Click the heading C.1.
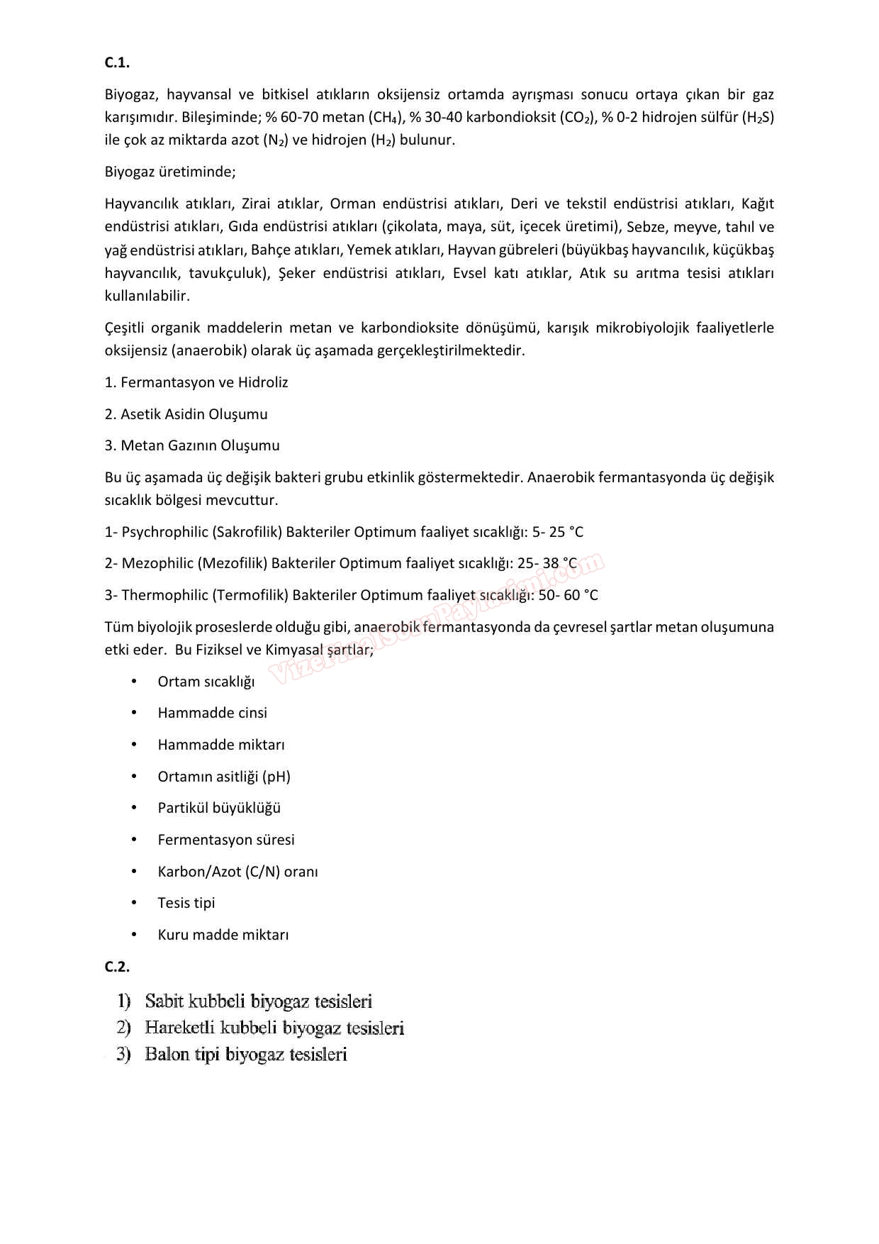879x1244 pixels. [x=117, y=62]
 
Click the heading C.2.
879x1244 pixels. [x=117, y=966]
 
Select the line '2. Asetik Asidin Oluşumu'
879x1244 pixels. [x=186, y=414]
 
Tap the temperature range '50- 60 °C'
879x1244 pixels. [x=568, y=595]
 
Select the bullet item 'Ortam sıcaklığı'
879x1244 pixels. [x=206, y=682]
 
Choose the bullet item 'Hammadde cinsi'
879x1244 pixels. [x=213, y=713]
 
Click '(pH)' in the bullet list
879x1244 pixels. [x=276, y=777]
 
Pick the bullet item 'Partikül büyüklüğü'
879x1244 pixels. [x=219, y=808]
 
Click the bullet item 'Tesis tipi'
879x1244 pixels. [x=186, y=903]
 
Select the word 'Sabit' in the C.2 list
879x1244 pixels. [x=164, y=1001]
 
